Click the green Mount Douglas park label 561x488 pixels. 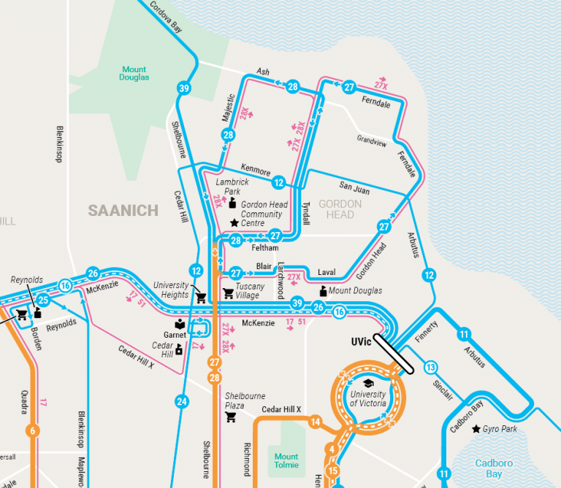[134, 73]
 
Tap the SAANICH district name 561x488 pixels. [123, 211]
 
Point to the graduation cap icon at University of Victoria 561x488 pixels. [369, 384]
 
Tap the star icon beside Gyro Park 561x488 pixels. [476, 429]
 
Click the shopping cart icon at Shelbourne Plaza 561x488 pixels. [231, 417]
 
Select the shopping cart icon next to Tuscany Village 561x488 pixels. [228, 293]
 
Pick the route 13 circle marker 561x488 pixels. [431, 367]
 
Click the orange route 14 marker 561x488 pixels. [315, 422]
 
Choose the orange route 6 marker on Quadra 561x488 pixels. [31, 430]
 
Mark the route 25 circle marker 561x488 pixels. [43, 301]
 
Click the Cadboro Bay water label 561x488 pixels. [494, 468]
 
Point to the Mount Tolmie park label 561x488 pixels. [286, 461]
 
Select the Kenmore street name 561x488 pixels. [256, 172]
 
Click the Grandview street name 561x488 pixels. [372, 139]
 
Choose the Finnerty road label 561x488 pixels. [425, 333]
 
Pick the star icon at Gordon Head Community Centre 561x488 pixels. [234, 223]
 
